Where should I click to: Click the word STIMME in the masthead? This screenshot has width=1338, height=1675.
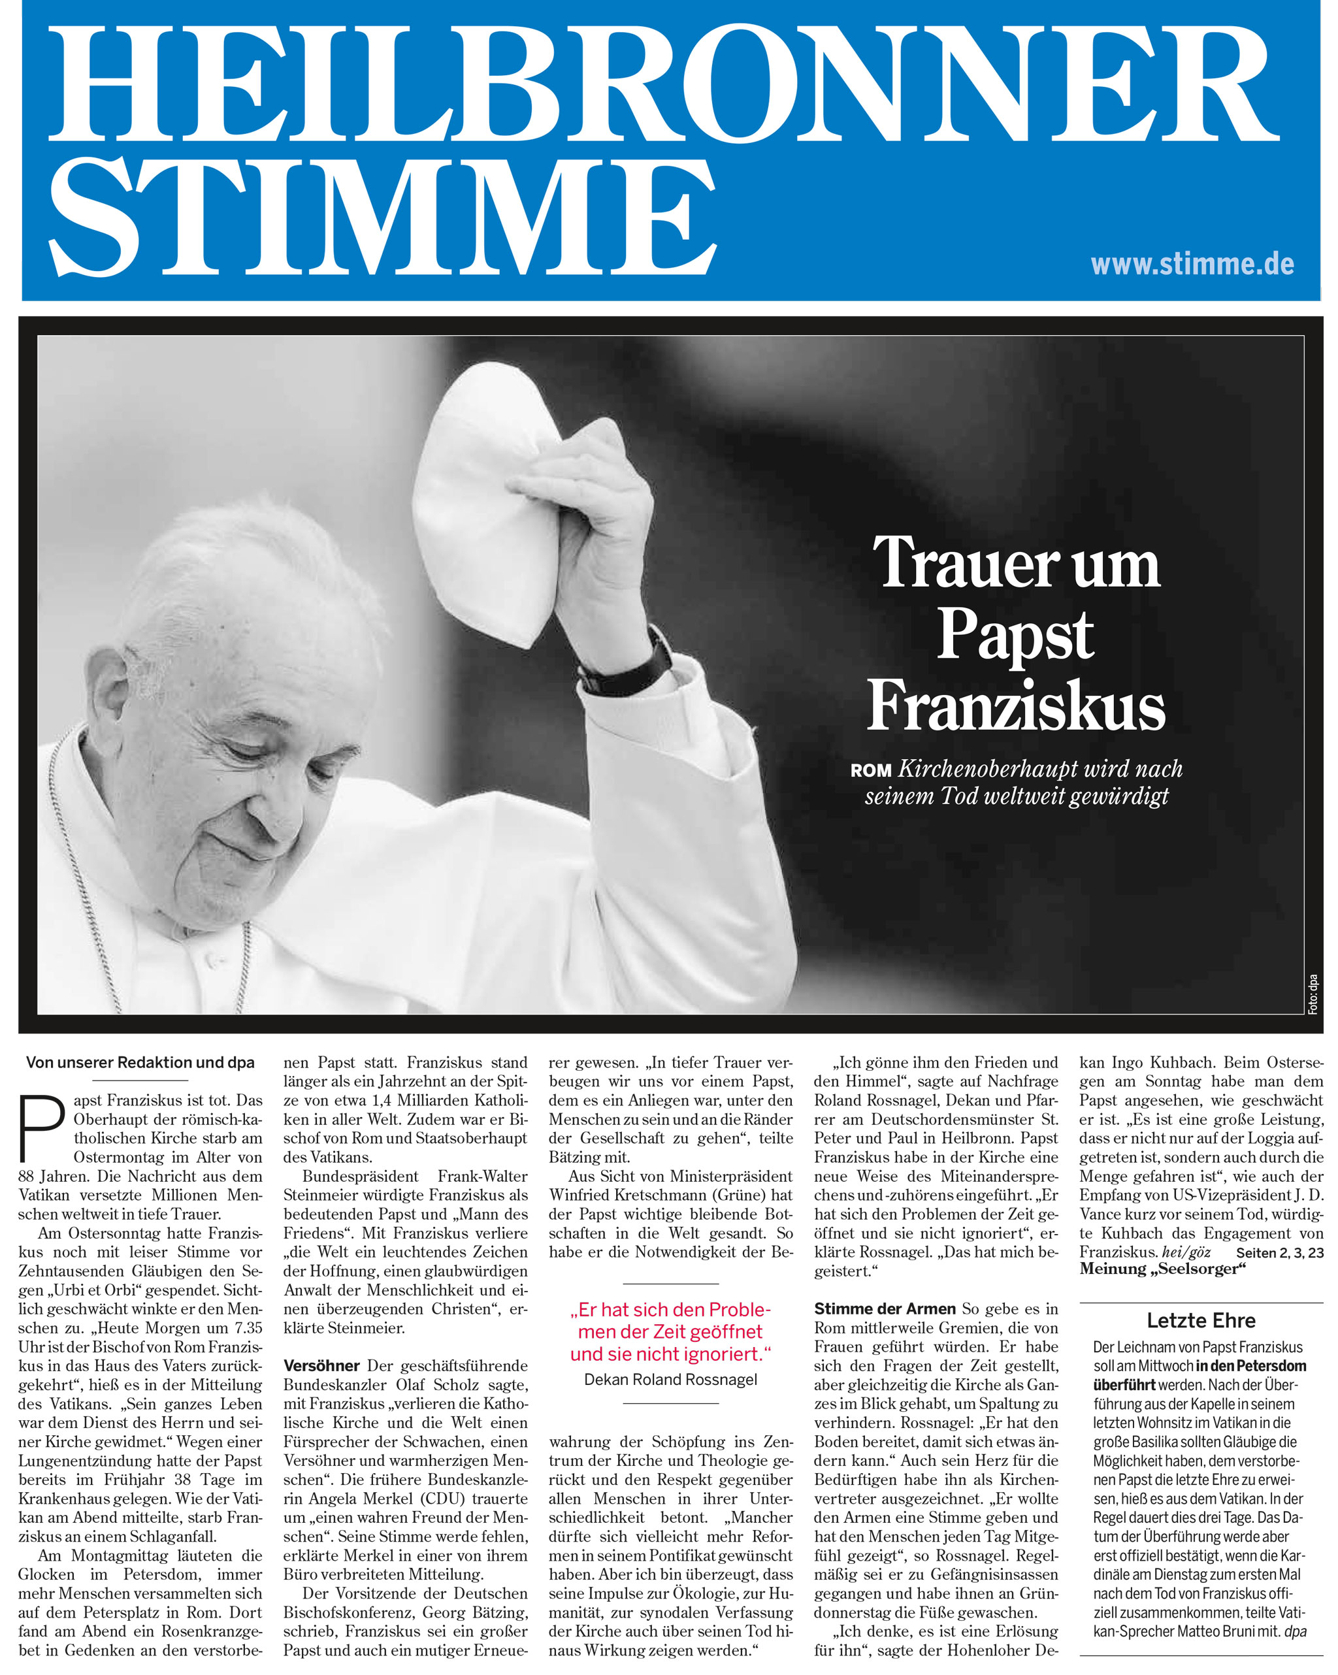point(382,219)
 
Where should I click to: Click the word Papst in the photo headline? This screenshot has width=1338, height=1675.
point(1015,634)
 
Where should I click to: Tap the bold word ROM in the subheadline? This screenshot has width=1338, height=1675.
point(870,771)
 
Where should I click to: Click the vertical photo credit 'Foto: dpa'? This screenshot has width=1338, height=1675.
point(1313,994)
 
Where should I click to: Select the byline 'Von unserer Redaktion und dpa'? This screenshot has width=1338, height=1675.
point(140,1062)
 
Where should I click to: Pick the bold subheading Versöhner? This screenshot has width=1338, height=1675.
point(321,1366)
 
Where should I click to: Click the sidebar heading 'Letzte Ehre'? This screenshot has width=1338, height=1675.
point(1200,1320)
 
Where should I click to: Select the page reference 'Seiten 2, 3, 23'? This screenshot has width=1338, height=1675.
point(1280,1252)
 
